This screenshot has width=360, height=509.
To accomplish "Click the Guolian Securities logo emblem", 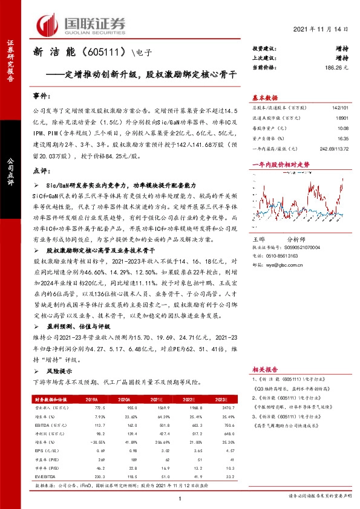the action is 49,24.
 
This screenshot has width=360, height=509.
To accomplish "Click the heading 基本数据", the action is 265,97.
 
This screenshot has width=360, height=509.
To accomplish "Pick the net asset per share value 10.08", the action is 343,128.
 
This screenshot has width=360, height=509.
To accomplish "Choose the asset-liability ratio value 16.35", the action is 343,138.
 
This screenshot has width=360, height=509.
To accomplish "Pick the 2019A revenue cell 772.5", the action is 91,409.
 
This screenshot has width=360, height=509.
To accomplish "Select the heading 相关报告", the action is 265,368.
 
